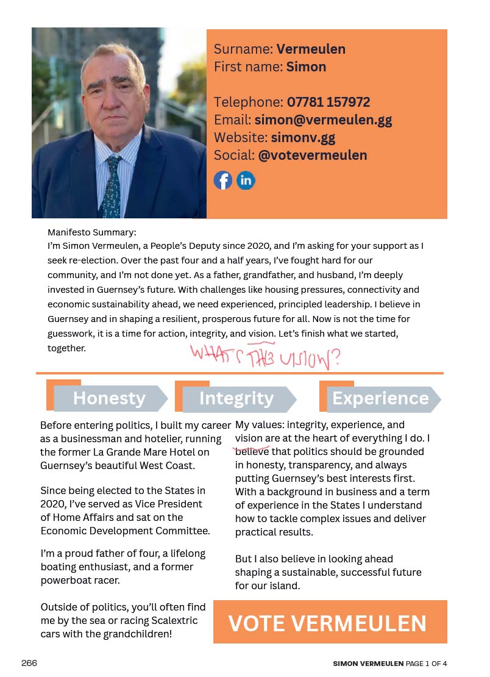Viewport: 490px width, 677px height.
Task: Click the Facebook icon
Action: point(223,181)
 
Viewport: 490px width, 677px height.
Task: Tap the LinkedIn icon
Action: point(246,181)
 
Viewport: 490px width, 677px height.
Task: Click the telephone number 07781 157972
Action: point(328,102)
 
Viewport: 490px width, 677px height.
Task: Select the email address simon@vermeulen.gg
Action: point(323,120)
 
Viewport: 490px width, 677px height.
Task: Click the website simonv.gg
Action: point(303,137)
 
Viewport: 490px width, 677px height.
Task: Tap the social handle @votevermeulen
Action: point(313,155)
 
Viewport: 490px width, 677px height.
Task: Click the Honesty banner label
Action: point(109,398)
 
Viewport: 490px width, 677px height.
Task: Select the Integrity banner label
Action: point(236,398)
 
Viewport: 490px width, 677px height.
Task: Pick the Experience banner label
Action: point(380,398)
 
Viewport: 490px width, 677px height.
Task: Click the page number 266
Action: point(29,663)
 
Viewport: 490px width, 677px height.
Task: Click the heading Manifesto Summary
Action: point(92,232)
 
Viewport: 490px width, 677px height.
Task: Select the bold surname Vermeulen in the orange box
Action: point(311,49)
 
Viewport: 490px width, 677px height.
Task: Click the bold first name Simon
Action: point(306,66)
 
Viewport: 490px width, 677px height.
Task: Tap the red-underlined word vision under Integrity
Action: point(249,439)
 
